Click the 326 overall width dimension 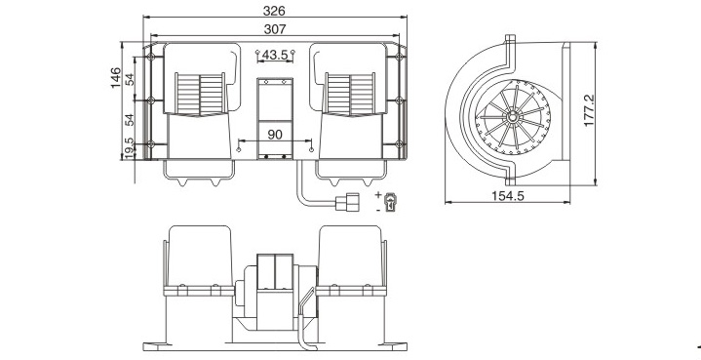tap(274, 11)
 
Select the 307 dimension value tap(274, 29)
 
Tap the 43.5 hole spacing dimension tap(275, 55)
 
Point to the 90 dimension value tap(275, 135)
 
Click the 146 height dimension tap(116, 77)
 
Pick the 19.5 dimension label tap(130, 147)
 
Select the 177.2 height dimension tap(589, 110)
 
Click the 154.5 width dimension tap(507, 196)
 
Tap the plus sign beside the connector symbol tap(378, 194)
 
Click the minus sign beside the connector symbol tap(378, 210)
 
